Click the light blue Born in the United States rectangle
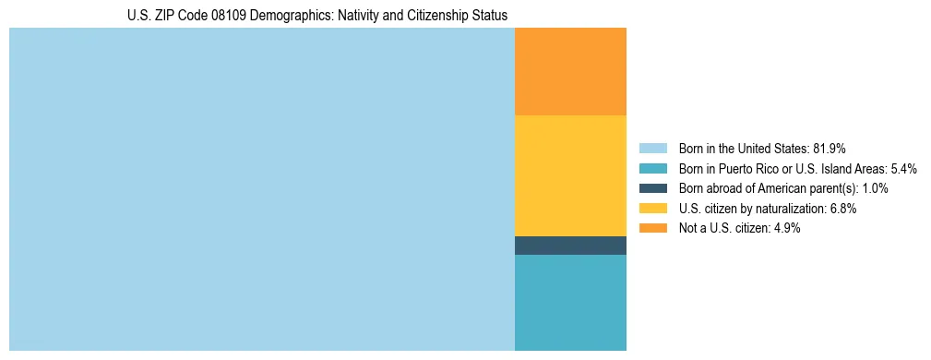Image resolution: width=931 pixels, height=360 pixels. pyautogui.click(x=261, y=189)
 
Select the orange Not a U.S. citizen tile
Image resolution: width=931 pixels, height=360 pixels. pyautogui.click(x=570, y=71)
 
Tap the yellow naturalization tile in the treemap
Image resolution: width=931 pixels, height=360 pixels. pyautogui.click(x=570, y=175)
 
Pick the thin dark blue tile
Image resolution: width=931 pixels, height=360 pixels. pyautogui.click(x=570, y=246)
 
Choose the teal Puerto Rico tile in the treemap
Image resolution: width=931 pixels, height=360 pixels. pyautogui.click(x=570, y=303)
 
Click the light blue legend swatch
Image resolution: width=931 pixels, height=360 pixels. pyautogui.click(x=652, y=148)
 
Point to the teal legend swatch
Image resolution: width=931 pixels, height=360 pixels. pyautogui.click(x=652, y=168)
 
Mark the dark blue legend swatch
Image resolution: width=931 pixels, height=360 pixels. pyautogui.click(x=652, y=188)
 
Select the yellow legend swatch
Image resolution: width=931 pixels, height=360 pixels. pyautogui.click(x=652, y=209)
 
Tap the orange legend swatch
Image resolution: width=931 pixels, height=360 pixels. pyautogui.click(x=652, y=229)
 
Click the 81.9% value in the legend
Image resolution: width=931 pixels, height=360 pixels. pyautogui.click(x=830, y=148)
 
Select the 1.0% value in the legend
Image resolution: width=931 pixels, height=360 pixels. pyautogui.click(x=872, y=188)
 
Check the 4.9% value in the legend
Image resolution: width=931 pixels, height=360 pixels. pyautogui.click(x=784, y=229)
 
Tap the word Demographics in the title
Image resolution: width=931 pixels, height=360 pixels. pyautogui.click(x=281, y=16)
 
